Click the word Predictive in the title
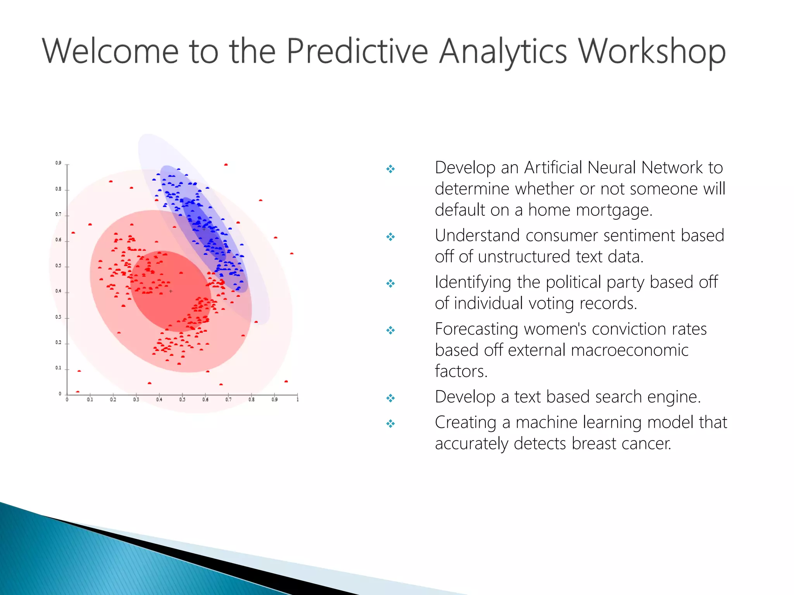[357, 51]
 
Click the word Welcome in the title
[110, 51]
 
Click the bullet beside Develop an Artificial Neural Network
[390, 169]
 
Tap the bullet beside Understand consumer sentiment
[390, 237]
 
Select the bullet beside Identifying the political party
[390, 284]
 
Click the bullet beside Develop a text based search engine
[390, 398]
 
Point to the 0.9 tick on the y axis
[59, 163]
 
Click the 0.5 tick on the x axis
[182, 399]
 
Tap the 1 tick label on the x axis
[297, 399]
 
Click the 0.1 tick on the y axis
[59, 368]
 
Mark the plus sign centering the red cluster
[171, 291]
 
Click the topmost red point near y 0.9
[226, 165]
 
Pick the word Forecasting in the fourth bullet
[476, 329]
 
